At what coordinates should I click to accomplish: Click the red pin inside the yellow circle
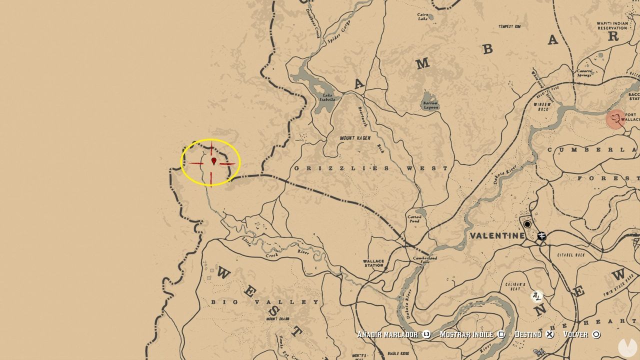click(214, 161)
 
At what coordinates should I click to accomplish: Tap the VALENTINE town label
click(497, 235)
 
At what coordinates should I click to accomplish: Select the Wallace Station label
click(373, 263)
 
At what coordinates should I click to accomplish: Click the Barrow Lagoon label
click(430, 105)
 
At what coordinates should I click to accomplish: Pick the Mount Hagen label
click(355, 138)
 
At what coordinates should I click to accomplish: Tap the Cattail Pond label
click(414, 219)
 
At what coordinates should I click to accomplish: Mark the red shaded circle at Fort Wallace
click(615, 119)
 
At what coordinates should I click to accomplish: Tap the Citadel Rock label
click(570, 255)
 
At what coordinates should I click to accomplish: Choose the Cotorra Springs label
click(584, 73)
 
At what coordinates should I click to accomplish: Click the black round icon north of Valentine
click(527, 224)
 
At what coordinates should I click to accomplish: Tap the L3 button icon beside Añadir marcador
click(426, 334)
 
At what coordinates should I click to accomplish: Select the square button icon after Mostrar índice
click(501, 334)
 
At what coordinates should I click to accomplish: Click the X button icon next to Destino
click(549, 334)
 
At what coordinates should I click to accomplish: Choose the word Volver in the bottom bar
click(575, 334)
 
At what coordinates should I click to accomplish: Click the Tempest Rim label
click(509, 26)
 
